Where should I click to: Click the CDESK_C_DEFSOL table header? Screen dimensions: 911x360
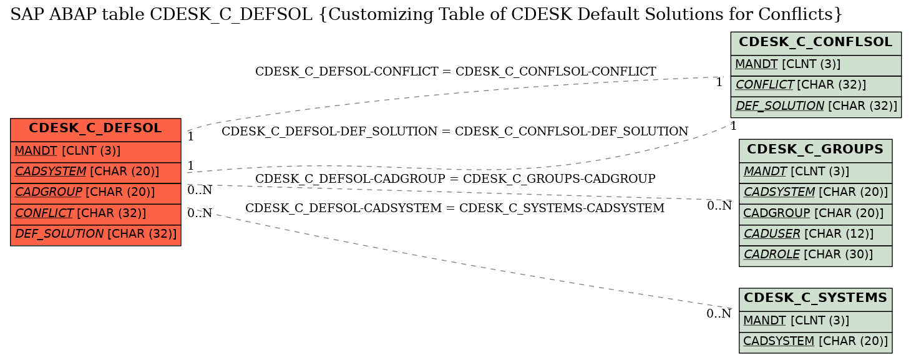95,130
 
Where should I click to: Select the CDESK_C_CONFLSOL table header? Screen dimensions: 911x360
816,44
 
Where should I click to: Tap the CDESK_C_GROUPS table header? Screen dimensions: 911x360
816,151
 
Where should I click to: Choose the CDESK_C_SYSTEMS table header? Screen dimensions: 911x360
816,300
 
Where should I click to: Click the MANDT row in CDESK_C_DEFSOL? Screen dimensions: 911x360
95,152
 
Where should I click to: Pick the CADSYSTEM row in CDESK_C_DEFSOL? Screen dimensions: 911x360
95,172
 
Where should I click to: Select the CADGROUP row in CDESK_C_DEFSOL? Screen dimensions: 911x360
95,193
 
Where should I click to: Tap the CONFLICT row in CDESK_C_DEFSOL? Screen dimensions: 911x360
95,214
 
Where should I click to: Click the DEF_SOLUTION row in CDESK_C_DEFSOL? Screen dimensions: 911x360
95,235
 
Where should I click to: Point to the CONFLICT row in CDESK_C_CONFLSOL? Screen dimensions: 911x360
816,86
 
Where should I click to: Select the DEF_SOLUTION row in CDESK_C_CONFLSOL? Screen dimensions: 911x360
816,107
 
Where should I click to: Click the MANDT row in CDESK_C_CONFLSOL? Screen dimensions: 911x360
816,66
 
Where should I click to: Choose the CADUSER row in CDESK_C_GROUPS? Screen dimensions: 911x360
816,235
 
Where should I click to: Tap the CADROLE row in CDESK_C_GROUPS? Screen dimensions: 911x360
816,255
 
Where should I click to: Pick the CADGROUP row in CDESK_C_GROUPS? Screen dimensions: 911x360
816,214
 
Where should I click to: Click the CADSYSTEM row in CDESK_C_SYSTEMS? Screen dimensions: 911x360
816,342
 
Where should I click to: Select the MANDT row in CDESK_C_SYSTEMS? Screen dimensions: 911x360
816,321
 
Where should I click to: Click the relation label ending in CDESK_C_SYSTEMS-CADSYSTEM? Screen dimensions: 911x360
455,208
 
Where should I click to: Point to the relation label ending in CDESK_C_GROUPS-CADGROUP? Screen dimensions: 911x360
455,178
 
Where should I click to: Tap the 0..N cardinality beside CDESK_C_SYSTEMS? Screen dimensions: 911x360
719,314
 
